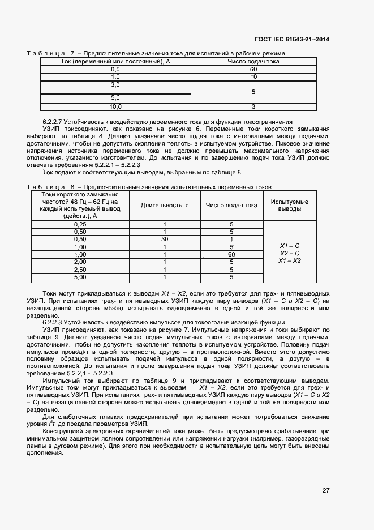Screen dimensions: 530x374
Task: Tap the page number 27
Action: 326,490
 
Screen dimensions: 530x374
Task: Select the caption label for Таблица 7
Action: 51,53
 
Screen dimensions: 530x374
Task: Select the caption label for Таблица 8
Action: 51,186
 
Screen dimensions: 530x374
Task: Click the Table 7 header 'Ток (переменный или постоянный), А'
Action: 115,61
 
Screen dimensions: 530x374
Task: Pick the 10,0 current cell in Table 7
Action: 115,106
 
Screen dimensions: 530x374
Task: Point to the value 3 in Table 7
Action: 253,106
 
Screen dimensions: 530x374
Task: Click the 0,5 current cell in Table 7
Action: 115,69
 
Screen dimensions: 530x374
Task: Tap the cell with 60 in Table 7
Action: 253,69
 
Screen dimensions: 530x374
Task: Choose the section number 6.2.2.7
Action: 53,121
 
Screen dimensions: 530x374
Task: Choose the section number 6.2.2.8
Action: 53,322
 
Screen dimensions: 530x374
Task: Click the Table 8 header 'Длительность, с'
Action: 165,205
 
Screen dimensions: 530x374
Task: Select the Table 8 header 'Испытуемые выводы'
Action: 290,205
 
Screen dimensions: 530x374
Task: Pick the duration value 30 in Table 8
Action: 165,240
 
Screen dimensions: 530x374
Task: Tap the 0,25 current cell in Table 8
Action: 80,224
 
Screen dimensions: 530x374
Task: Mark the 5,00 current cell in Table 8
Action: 80,277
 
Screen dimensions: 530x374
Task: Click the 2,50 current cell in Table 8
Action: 80,270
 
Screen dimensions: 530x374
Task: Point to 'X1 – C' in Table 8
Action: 290,246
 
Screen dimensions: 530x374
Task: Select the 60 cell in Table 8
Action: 231,255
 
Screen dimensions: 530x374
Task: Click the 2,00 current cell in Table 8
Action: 80,262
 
